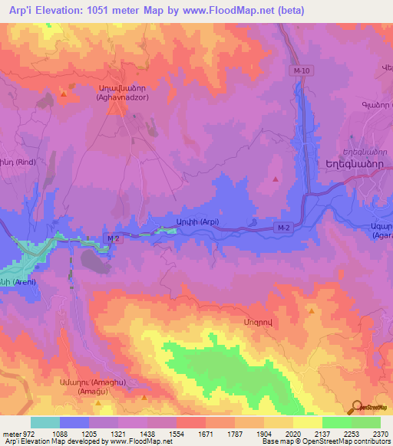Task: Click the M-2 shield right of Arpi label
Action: (x=283, y=228)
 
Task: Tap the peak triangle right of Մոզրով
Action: (x=311, y=311)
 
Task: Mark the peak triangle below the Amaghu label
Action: (x=144, y=398)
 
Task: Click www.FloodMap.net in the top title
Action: (x=233, y=11)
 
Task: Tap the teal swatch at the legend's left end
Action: (x=45, y=422)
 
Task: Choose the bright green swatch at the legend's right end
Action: (x=365, y=422)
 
